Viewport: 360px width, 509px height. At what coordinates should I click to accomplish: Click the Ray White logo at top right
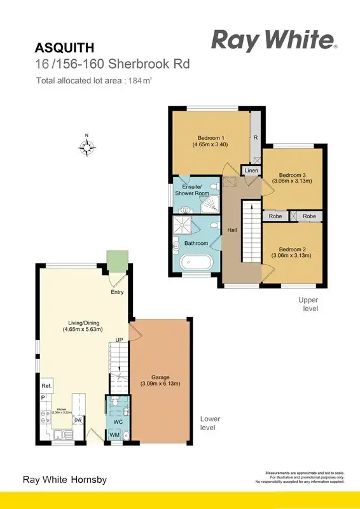pos(273,40)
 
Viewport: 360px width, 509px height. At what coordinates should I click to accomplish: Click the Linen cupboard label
pos(251,171)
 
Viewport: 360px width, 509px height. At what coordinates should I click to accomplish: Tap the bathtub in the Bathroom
pos(197,263)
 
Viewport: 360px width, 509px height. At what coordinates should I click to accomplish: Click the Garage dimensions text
pos(161,384)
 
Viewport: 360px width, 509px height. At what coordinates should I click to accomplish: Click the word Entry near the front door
pos(117,292)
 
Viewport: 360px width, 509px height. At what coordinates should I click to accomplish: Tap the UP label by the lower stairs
pos(119,340)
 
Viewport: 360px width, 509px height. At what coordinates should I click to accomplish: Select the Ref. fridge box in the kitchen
pos(46,386)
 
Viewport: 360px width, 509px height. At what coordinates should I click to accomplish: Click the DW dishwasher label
pos(77,420)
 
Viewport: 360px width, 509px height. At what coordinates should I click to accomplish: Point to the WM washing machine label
pos(115,435)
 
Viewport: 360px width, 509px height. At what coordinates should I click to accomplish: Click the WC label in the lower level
pos(117,421)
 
